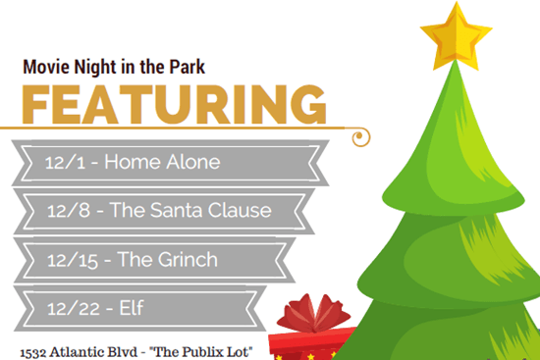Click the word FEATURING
coord(174,104)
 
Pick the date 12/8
coord(69,209)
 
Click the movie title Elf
coord(131,308)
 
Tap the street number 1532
coord(39,348)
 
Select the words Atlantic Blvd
coord(104,348)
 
